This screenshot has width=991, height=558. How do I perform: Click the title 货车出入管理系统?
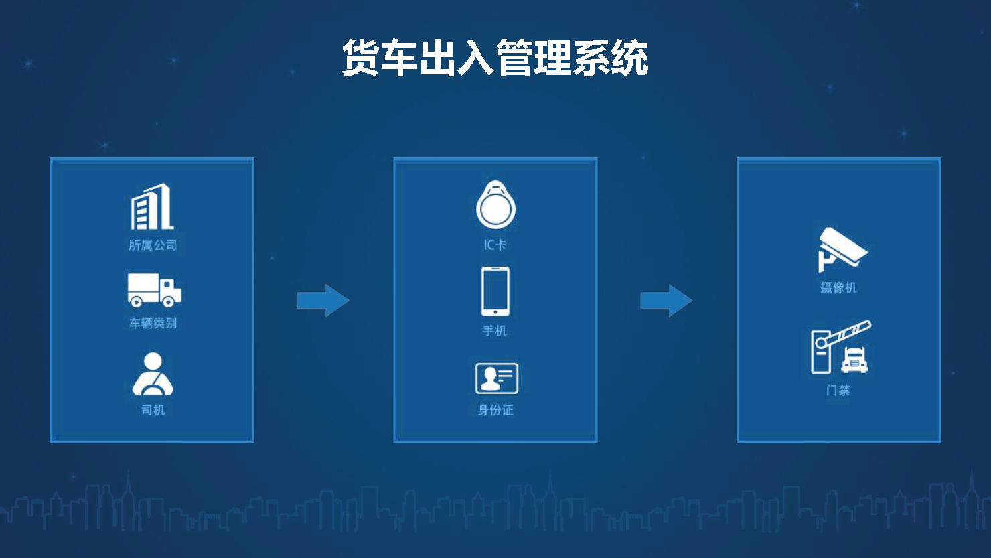tap(495, 58)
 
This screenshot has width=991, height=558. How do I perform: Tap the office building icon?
tap(152, 206)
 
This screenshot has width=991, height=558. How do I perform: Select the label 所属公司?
tap(153, 245)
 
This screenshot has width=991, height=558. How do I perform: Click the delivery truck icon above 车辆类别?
tap(155, 290)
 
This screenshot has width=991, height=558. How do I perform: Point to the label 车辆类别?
tap(153, 323)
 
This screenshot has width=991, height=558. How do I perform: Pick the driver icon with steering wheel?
tap(153, 374)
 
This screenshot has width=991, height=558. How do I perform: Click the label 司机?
tap(153, 410)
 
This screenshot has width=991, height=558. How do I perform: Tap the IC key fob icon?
tap(495, 204)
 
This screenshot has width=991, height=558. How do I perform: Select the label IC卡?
tap(495, 245)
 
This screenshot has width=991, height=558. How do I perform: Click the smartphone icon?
tap(495, 291)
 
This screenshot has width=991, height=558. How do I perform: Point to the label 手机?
tap(495, 330)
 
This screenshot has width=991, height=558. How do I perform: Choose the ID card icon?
tap(497, 378)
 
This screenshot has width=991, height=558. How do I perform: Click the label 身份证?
tap(495, 410)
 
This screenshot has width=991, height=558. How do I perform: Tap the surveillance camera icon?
tap(842, 250)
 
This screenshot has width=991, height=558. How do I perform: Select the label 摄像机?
tap(839, 287)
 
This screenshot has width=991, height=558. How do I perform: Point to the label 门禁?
tap(838, 391)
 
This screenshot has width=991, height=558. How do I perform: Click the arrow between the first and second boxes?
tap(323, 301)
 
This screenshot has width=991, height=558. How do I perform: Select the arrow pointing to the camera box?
tap(666, 301)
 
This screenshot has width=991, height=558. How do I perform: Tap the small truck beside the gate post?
tap(854, 360)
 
